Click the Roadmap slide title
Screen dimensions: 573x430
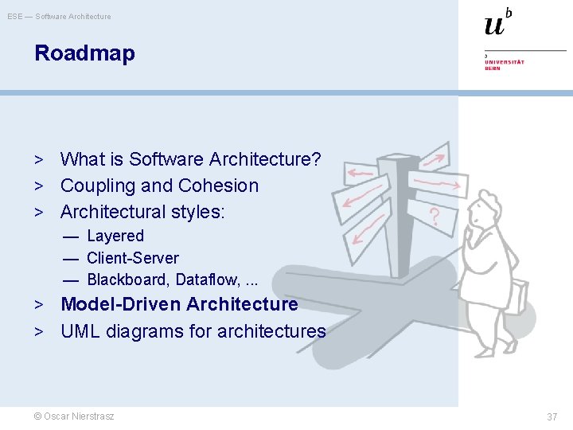84,53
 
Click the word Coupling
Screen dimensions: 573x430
93,186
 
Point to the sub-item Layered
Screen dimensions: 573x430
115,236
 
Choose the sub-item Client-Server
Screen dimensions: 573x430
133,258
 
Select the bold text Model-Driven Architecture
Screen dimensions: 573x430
179,304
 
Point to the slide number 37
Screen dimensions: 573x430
552,416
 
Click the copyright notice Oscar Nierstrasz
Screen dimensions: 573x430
73,416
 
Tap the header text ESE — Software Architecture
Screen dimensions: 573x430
60,16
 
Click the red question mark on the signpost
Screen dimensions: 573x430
435,216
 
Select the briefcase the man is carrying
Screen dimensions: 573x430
518,296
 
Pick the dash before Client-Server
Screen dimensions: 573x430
72,258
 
